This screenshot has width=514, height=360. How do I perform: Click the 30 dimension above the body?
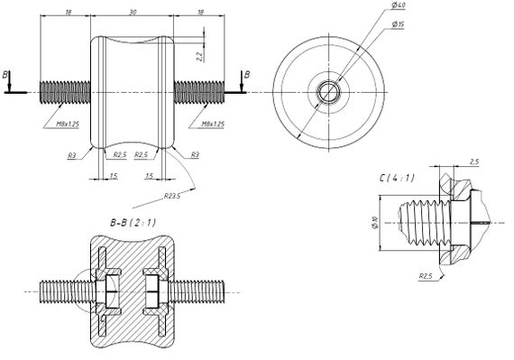click(x=133, y=13)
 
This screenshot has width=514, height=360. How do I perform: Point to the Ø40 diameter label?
click(x=397, y=7)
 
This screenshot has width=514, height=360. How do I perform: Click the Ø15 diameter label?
click(x=397, y=24)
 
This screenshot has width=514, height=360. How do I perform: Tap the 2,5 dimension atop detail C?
click(x=474, y=162)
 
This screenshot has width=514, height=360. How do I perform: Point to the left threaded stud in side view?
click(x=65, y=92)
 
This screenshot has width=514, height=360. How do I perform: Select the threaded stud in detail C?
click(x=424, y=221)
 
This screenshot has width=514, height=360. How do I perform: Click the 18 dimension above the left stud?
click(x=68, y=13)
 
